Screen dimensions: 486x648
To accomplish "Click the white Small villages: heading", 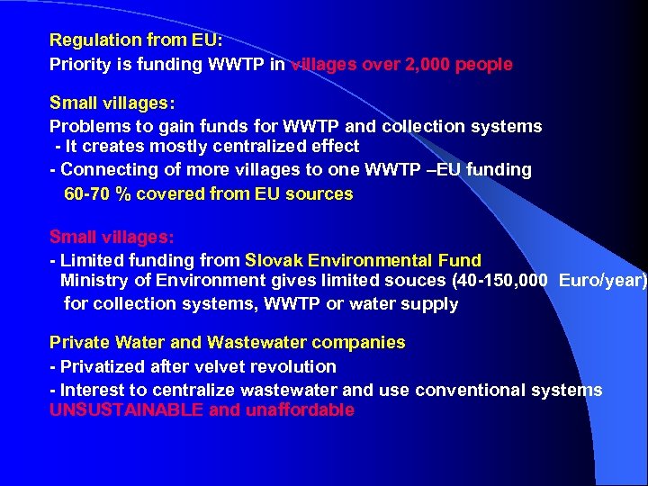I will tap(112, 103).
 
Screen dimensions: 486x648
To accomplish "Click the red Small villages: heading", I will tap(112, 237).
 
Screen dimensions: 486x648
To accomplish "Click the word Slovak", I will tap(274, 260).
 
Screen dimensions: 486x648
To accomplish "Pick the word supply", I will tap(429, 304).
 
